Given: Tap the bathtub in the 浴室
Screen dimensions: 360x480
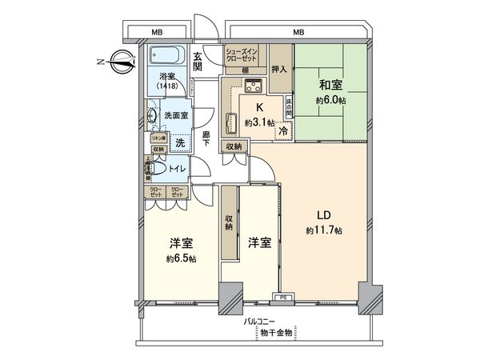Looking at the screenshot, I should coord(166,58).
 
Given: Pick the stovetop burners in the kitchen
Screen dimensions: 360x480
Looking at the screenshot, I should coord(254,87).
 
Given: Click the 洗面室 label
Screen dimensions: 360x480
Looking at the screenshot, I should coord(177,115).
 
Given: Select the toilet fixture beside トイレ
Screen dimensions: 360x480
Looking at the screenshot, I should coord(156,169).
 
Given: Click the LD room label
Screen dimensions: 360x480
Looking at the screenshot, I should coord(324,216).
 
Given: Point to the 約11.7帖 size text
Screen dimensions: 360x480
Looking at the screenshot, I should coord(324,230).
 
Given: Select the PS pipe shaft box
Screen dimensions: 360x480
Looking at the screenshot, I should coord(282,298).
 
